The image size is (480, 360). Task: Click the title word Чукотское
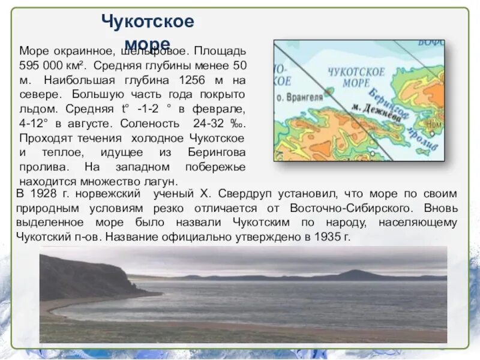tap(148, 22)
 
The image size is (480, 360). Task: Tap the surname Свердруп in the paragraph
tap(250, 194)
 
